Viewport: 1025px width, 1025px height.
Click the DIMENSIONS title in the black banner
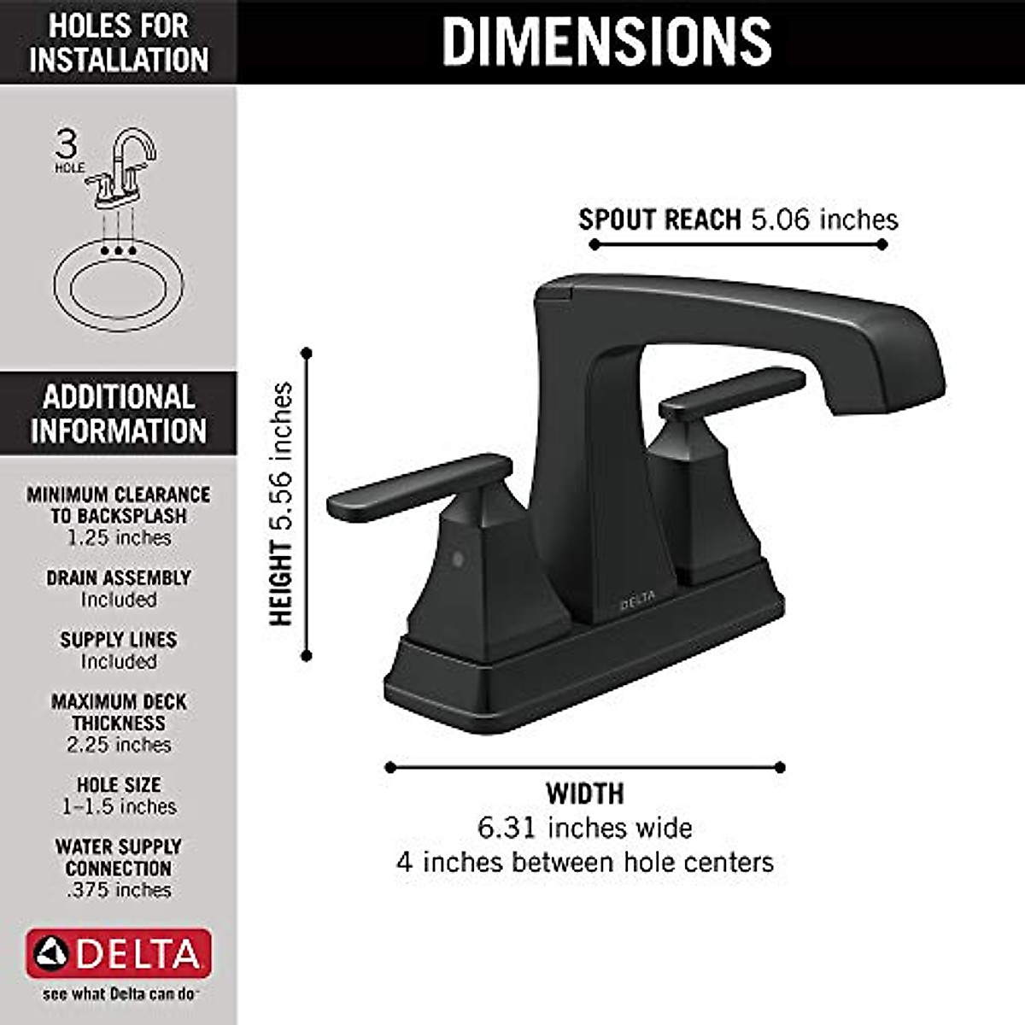[606, 41]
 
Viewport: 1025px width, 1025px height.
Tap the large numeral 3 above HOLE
[67, 143]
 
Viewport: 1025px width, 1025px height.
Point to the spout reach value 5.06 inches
[824, 220]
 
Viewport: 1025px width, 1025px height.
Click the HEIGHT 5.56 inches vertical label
[281, 504]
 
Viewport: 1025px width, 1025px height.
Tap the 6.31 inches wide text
[585, 828]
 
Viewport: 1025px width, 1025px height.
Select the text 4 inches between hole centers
[585, 862]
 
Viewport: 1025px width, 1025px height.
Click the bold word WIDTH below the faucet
[585, 794]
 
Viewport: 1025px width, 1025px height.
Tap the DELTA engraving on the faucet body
[637, 600]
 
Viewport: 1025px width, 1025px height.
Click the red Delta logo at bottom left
[119, 953]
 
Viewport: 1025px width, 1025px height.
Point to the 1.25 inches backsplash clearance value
[119, 538]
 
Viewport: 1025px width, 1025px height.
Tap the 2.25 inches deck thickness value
[119, 745]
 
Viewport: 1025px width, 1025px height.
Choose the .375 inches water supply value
[119, 890]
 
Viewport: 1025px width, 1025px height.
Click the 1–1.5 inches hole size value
[119, 806]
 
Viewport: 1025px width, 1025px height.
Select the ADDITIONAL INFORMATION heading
[119, 413]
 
